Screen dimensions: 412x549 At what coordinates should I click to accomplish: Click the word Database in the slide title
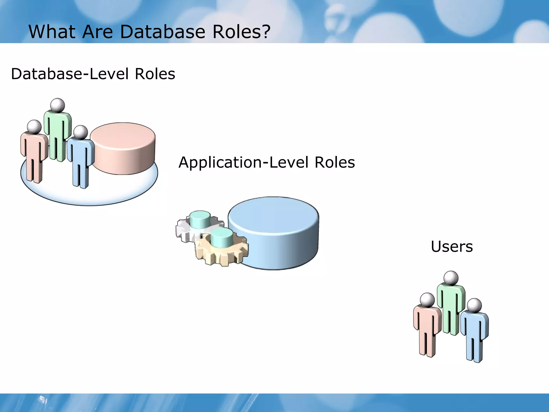(x=162, y=32)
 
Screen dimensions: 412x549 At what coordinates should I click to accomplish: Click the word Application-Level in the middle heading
(x=243, y=162)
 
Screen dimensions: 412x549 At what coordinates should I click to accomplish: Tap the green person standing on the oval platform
(x=57, y=134)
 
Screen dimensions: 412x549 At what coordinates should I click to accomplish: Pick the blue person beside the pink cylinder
(x=80, y=158)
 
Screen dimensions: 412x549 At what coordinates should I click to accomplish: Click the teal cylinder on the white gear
(x=200, y=219)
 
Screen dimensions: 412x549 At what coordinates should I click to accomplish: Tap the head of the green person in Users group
(x=451, y=278)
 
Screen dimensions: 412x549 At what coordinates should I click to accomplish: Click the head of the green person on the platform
(x=58, y=105)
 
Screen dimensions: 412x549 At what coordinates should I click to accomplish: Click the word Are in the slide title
(x=98, y=32)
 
